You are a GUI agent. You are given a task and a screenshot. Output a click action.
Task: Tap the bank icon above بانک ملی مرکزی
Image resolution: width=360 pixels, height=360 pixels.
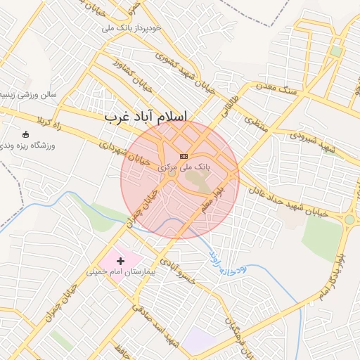184,155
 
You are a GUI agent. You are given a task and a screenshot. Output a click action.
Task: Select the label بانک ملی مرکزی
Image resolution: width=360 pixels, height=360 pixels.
184,167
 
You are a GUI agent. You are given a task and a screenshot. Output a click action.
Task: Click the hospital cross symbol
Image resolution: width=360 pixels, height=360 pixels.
121,261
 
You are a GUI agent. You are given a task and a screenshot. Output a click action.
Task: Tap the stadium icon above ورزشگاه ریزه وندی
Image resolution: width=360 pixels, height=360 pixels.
26,134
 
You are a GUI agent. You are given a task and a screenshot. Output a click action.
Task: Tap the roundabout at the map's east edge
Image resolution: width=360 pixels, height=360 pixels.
349,219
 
